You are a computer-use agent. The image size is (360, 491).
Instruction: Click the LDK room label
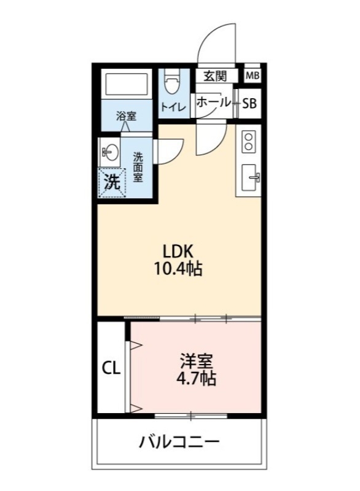(x=178, y=251)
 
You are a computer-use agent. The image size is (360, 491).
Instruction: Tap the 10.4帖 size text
(x=178, y=268)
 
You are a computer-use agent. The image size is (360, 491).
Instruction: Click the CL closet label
(x=111, y=368)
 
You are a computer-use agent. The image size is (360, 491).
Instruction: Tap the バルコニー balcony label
(x=179, y=442)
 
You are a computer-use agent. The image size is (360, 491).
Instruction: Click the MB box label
(x=252, y=76)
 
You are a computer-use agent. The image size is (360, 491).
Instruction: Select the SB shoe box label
(x=249, y=104)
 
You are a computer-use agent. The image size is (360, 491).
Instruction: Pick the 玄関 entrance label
(x=216, y=76)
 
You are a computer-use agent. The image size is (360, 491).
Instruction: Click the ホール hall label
(x=213, y=103)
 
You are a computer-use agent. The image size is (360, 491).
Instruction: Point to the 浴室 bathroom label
(x=126, y=115)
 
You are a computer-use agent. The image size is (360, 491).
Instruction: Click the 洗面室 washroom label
(x=138, y=166)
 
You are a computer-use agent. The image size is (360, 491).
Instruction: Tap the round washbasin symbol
(x=111, y=152)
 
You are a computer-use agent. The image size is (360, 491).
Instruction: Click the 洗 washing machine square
(x=111, y=182)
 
